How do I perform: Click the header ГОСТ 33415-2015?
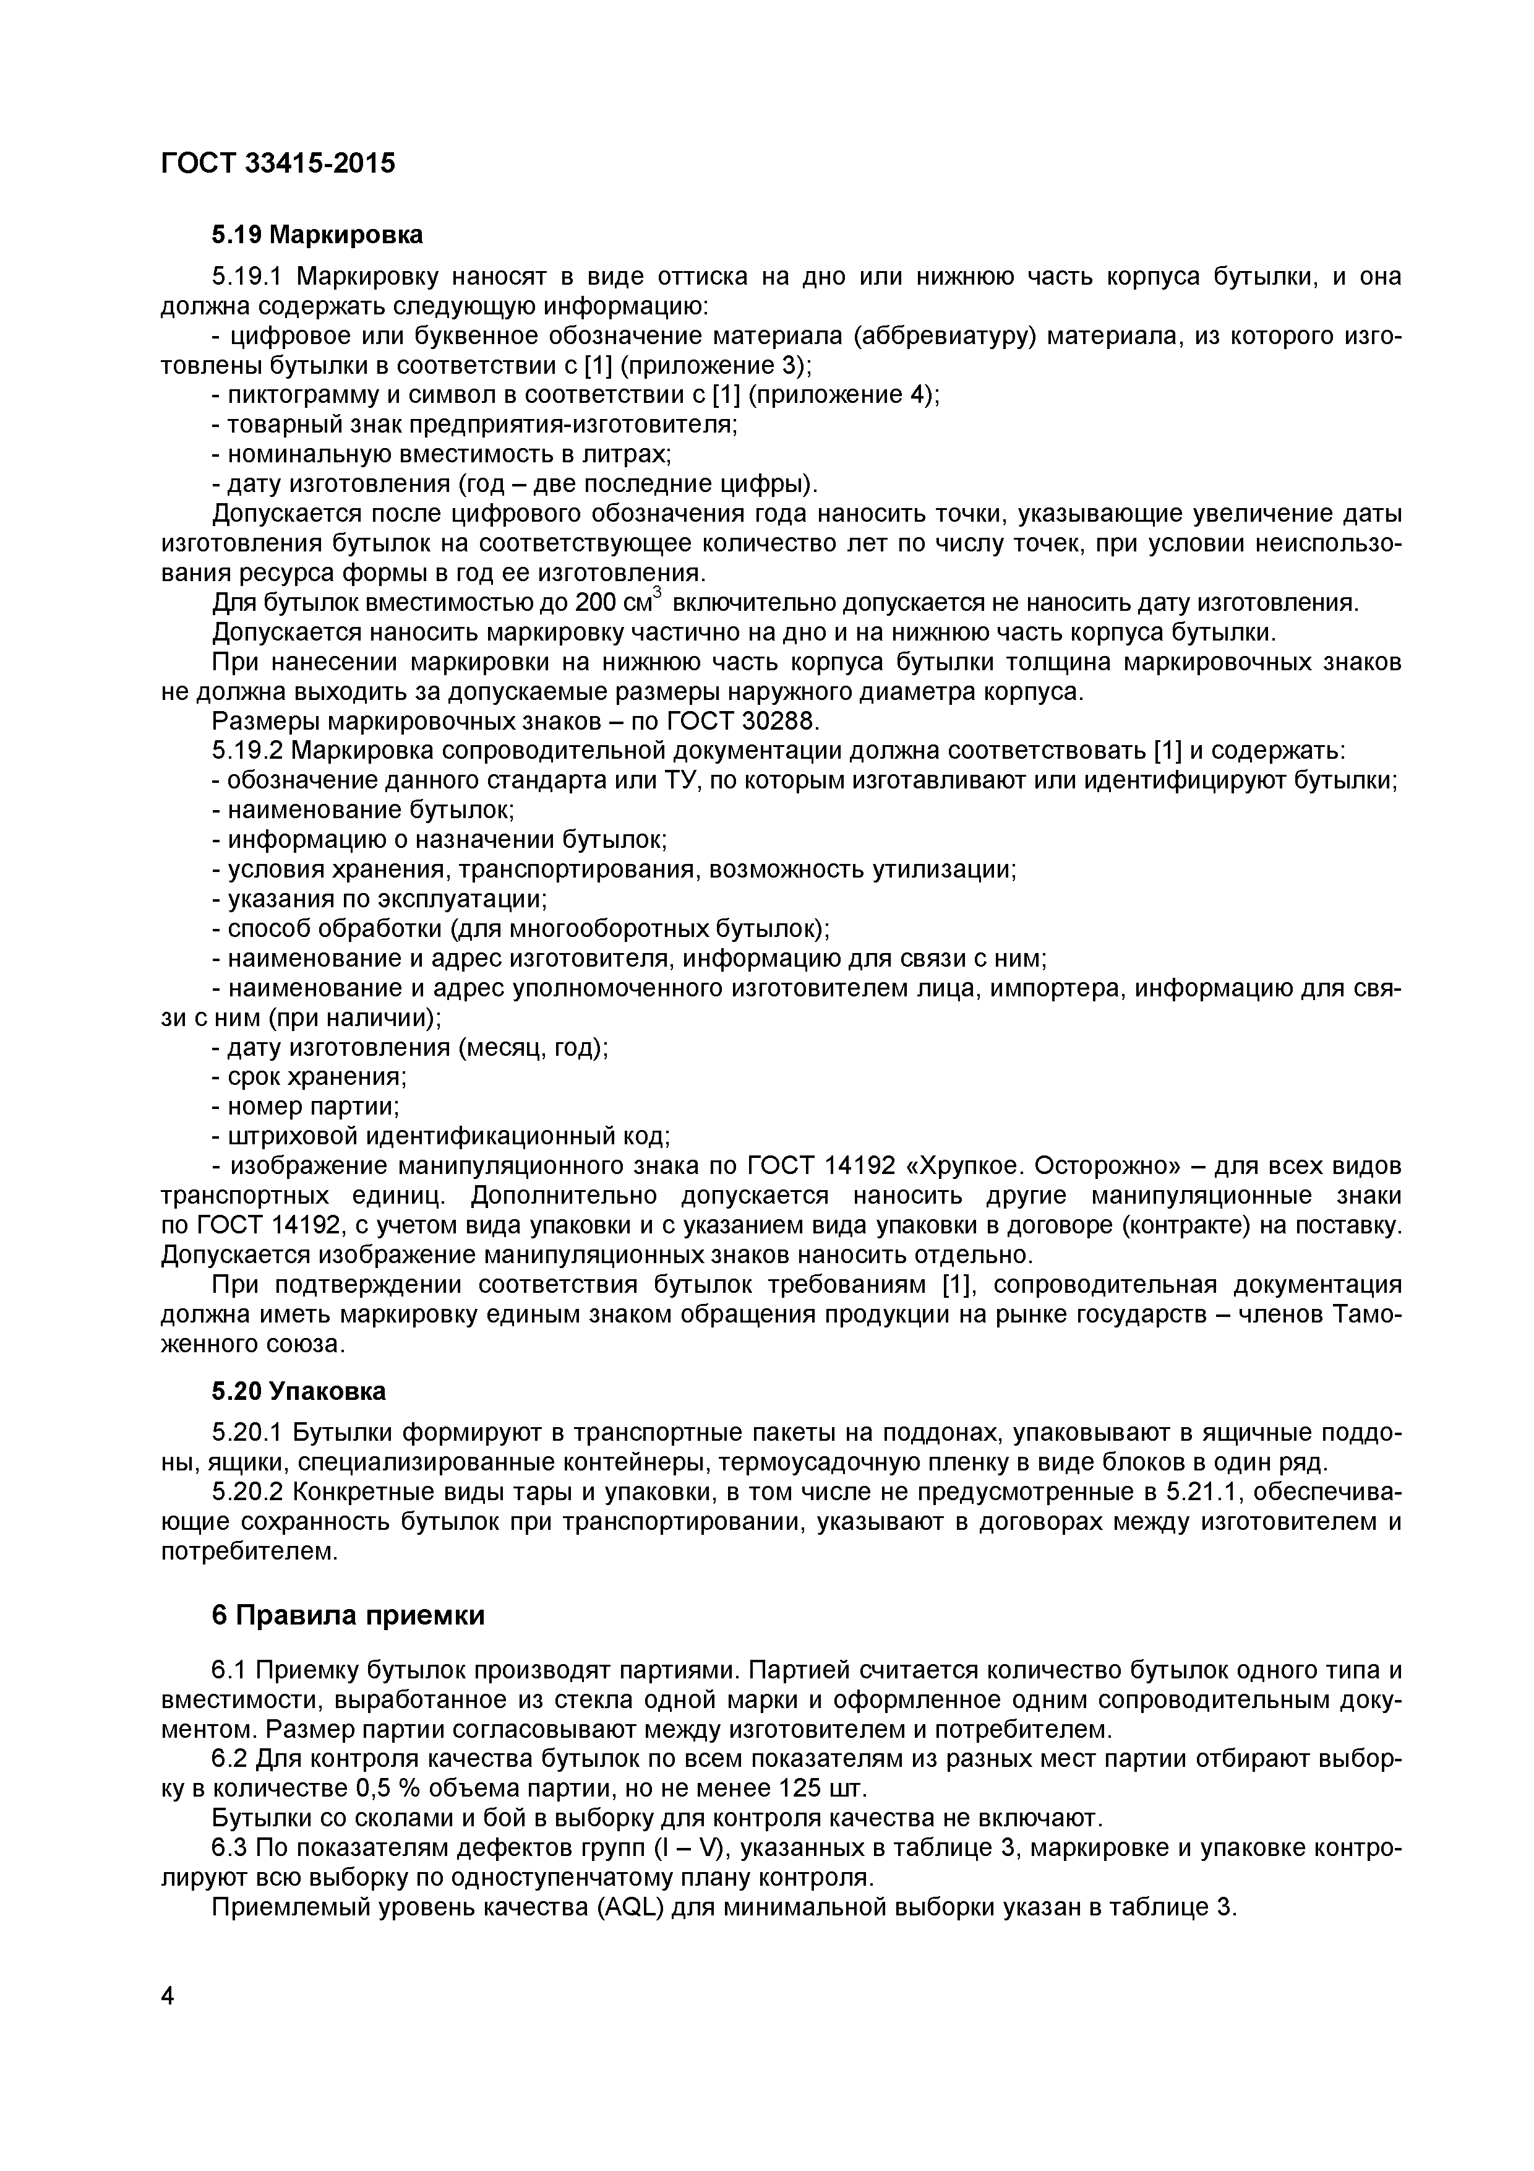tap(278, 163)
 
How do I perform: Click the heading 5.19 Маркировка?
tap(317, 235)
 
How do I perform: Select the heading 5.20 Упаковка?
tap(298, 1391)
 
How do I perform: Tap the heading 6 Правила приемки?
tap(347, 1615)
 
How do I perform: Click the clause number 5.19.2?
tap(247, 751)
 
